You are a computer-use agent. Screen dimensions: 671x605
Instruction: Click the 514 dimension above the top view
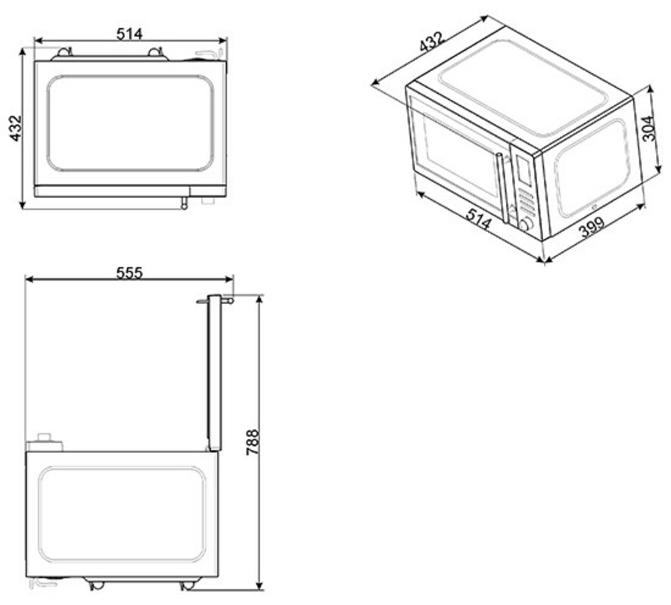tap(129, 34)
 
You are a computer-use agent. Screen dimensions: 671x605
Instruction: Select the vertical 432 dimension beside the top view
tap(15, 128)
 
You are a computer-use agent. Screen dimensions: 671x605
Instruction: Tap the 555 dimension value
tap(129, 272)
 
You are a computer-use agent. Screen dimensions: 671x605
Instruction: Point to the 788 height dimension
tap(253, 442)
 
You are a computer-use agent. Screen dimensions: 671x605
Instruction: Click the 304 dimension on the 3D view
tap(649, 128)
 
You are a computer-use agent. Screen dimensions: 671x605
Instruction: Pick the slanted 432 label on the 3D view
tap(432, 42)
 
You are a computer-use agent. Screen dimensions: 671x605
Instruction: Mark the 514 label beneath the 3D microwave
tap(478, 219)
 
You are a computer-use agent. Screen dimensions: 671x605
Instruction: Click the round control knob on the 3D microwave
tap(526, 224)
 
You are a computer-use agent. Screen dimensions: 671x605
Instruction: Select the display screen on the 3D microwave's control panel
tap(523, 169)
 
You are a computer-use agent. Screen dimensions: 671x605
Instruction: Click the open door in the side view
tap(214, 373)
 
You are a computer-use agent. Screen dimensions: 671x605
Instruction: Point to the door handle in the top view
tap(184, 203)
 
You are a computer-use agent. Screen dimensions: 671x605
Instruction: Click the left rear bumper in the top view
tap(64, 52)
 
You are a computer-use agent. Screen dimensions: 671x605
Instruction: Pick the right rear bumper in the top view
tap(155, 52)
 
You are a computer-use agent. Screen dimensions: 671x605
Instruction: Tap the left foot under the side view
tap(97, 585)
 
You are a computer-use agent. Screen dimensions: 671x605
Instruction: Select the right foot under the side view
tap(187, 585)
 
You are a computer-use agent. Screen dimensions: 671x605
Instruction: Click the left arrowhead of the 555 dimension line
tap(30, 279)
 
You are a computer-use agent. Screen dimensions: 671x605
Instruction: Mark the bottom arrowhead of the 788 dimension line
tap(259, 585)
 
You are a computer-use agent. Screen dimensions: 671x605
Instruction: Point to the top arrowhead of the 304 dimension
tap(650, 89)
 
